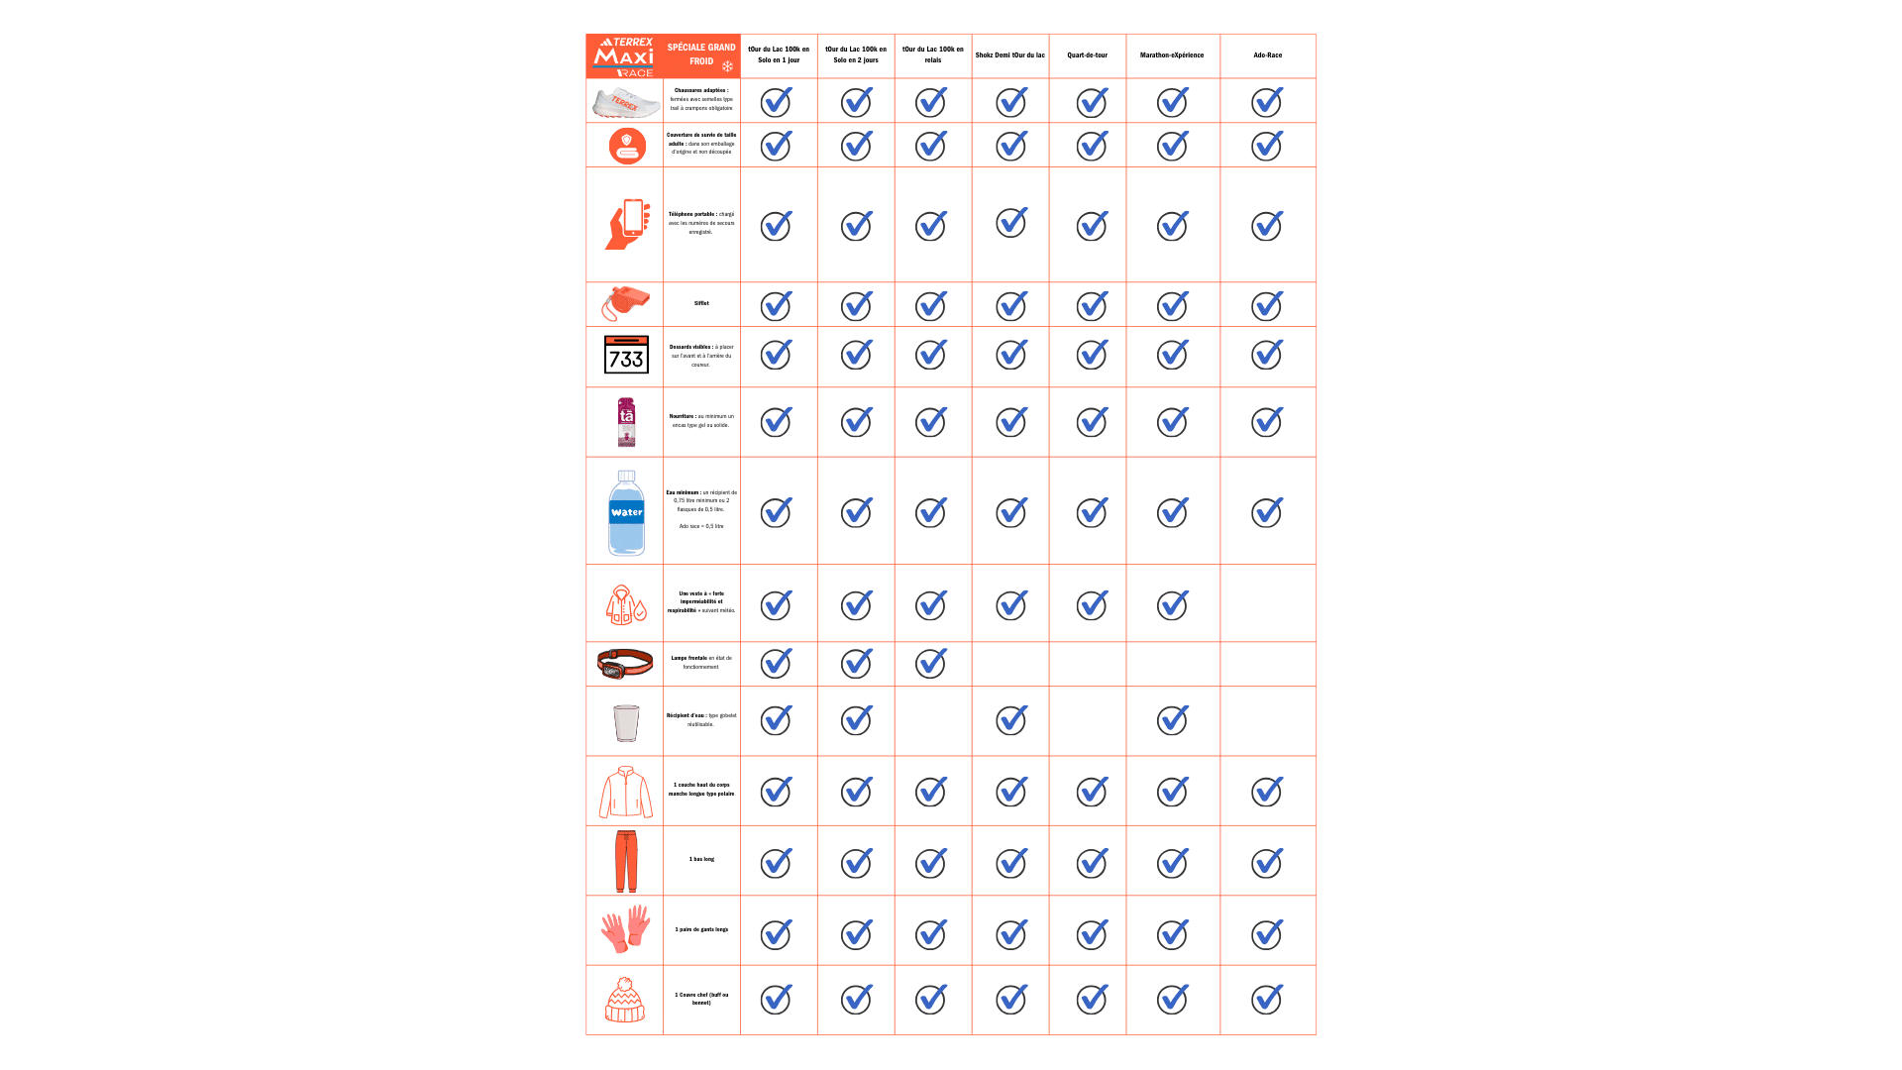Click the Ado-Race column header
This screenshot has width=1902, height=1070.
click(1267, 55)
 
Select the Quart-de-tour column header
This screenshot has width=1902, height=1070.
click(1087, 55)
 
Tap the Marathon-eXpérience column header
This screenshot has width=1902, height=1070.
click(1172, 55)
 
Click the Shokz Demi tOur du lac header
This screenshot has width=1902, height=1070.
click(1009, 55)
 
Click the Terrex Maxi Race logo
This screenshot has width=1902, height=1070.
click(624, 56)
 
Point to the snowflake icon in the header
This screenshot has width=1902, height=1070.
click(727, 66)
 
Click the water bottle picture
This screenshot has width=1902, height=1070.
click(626, 512)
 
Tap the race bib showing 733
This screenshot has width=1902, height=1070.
click(626, 355)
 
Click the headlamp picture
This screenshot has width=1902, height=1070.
click(625, 663)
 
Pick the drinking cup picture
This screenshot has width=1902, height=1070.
click(626, 722)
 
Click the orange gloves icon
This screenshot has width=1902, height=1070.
click(625, 929)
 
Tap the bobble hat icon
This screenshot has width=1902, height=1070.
click(625, 999)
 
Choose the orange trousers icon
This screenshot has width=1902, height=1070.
click(626, 860)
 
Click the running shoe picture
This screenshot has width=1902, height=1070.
click(625, 101)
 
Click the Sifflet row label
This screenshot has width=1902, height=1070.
click(701, 303)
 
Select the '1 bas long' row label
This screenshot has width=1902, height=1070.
click(701, 859)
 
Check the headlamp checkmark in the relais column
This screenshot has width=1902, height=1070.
click(931, 663)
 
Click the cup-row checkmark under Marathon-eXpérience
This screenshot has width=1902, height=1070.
click(1173, 720)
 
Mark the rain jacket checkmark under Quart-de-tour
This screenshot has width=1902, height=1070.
click(1092, 604)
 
